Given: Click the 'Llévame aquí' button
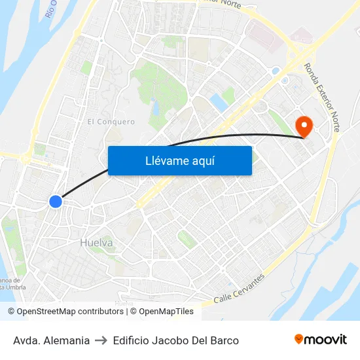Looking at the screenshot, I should pos(180,160).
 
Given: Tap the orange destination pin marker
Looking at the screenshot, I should pos(304,124).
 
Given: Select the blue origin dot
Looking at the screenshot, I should pos(56,202).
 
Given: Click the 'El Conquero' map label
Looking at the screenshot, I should pos(111,122).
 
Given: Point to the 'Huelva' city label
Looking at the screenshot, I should pos(96,243).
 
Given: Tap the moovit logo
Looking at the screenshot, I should pos(321,340).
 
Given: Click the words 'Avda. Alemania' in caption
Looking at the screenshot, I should pos(51,340).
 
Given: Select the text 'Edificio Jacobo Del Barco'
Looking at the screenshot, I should pos(175,340).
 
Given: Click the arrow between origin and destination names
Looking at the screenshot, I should pos(101,340).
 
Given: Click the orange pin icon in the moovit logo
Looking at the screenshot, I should pos(299,339).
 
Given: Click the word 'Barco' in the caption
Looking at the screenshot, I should pos(225,340).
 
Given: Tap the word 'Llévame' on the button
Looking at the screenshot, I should pos(167,161).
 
